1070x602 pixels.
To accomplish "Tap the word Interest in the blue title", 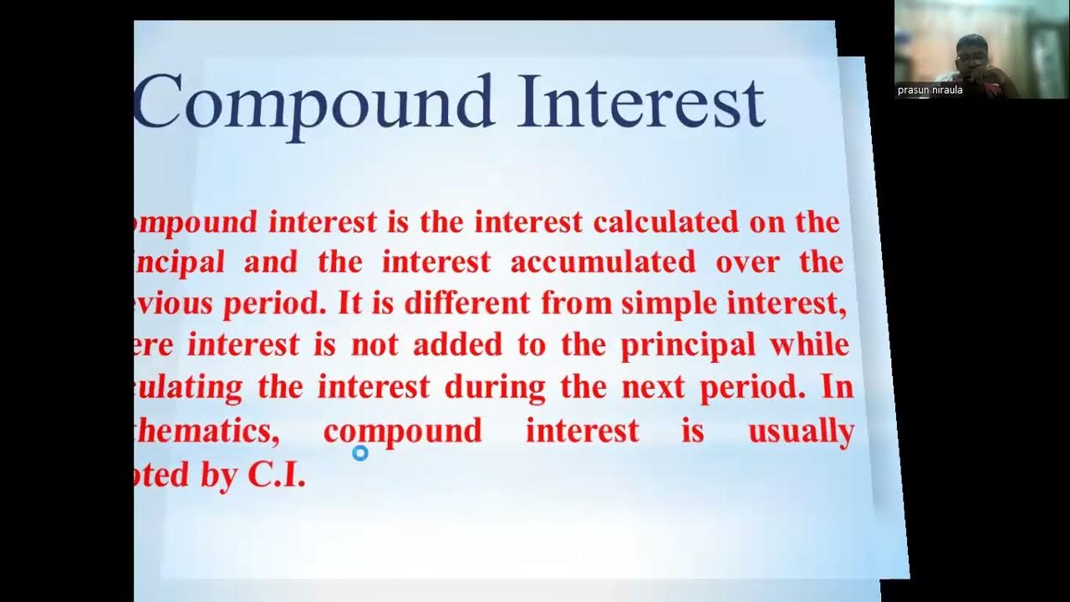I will [640, 102].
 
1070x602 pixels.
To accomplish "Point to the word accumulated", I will [603, 263].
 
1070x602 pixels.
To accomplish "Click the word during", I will [494, 387].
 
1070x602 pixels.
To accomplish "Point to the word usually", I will [800, 431].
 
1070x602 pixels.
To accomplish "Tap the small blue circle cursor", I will [360, 453].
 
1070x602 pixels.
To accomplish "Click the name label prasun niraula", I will [930, 90].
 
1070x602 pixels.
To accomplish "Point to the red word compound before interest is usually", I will [402, 432].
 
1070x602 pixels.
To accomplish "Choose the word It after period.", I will [349, 304].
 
